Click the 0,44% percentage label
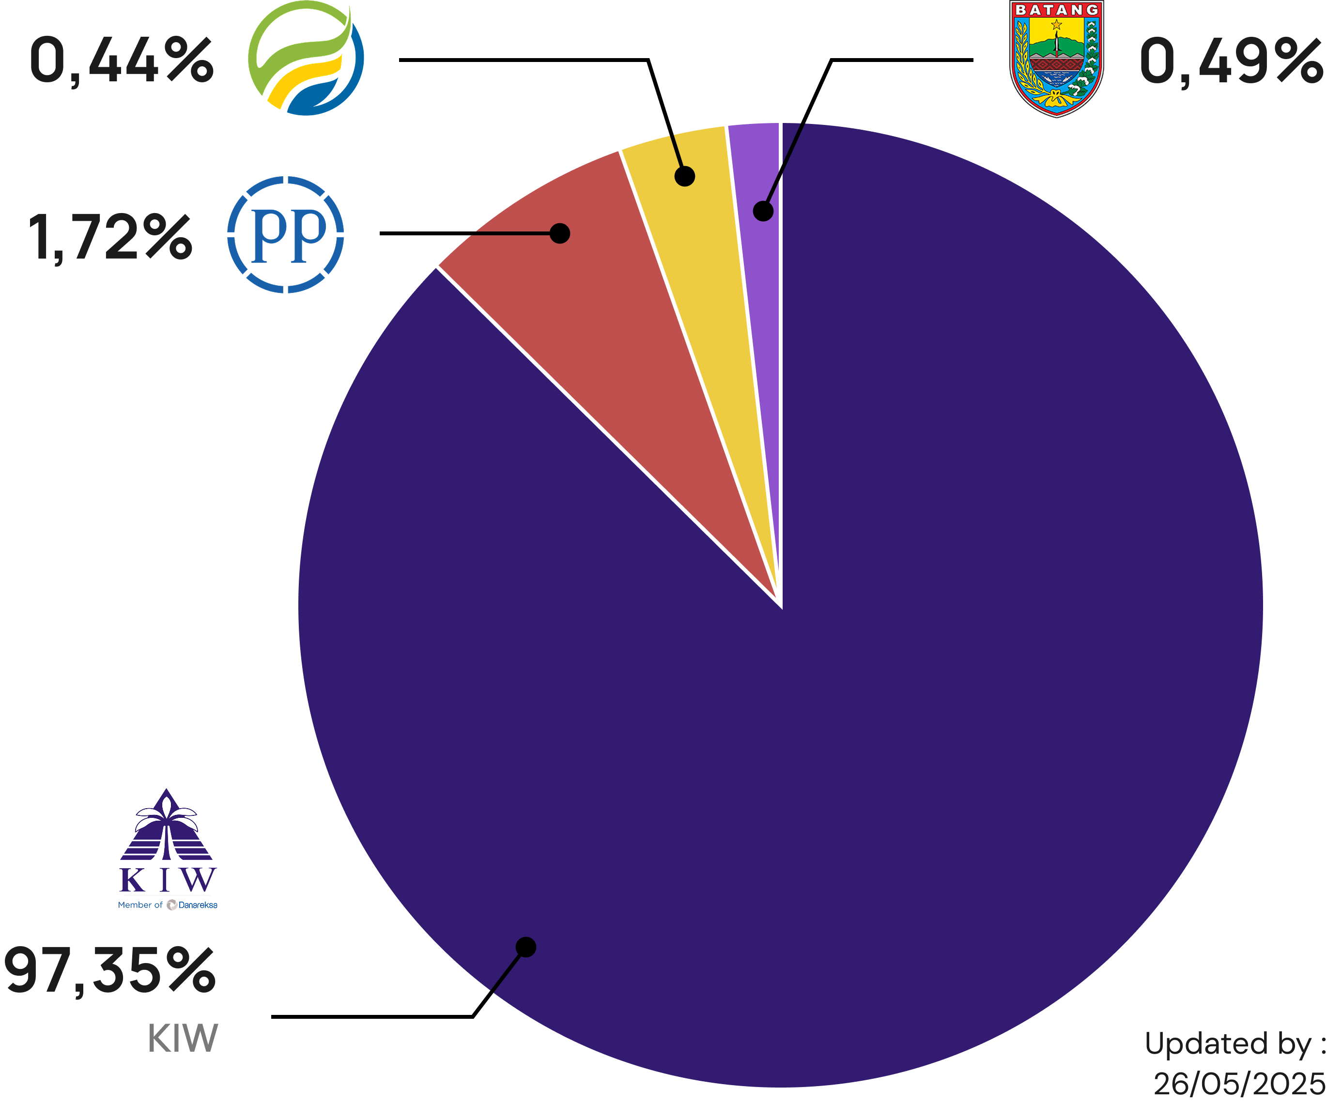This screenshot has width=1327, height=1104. click(x=122, y=61)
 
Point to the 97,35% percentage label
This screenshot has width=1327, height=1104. click(x=110, y=970)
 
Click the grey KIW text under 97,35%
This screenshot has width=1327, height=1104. click(x=183, y=1038)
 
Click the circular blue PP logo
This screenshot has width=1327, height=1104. click(x=286, y=234)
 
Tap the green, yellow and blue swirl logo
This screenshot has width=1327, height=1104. click(x=306, y=58)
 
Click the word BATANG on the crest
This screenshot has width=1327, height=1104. click(x=1057, y=10)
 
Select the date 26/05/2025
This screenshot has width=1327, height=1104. click(x=1238, y=1083)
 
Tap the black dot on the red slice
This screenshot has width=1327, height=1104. click(x=560, y=233)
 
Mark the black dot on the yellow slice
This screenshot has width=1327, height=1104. click(x=685, y=176)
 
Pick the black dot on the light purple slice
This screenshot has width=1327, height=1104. click(x=763, y=211)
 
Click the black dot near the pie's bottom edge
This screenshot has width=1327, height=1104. click(x=526, y=947)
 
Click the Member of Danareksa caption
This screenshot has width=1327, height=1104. click(x=168, y=905)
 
